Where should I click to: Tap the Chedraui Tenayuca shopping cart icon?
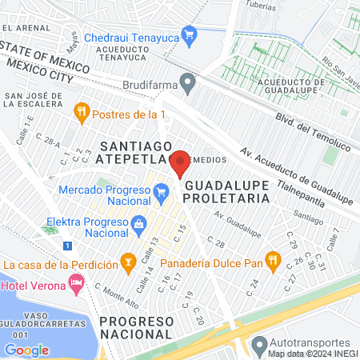pos(189,34)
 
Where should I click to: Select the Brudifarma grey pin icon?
pos(187,82)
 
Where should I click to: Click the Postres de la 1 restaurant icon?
pos(80,111)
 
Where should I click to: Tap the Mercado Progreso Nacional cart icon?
pos(161,191)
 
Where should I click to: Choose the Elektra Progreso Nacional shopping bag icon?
pos(139,222)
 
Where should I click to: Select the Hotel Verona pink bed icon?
pos(76,282)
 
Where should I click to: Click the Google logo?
pos(26,350)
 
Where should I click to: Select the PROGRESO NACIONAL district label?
pos(136,327)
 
